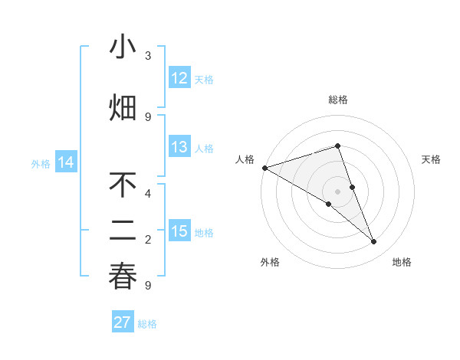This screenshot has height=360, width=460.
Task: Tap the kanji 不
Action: pyautogui.click(x=123, y=185)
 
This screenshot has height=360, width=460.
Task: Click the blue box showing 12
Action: pyautogui.click(x=179, y=78)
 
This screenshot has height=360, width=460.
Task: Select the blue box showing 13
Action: pyautogui.click(x=179, y=147)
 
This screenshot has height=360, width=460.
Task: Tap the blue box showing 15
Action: pyautogui.click(x=179, y=231)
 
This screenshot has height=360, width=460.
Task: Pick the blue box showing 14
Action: pyautogui.click(x=65, y=162)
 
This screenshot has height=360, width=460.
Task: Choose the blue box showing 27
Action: pyautogui.click(x=123, y=322)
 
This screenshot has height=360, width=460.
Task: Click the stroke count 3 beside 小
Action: pyautogui.click(x=148, y=56)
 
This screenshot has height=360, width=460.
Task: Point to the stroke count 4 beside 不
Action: pyautogui.click(x=148, y=193)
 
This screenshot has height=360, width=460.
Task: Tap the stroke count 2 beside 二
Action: pyautogui.click(x=148, y=240)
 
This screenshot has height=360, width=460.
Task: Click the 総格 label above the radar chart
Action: pyautogui.click(x=337, y=100)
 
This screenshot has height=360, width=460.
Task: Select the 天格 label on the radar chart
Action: pyautogui.click(x=432, y=159)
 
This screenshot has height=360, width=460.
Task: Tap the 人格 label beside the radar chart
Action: pyautogui.click(x=245, y=159)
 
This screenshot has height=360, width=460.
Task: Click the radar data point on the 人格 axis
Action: pyautogui.click(x=264, y=167)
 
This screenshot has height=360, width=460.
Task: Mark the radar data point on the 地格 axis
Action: pyautogui.click(x=374, y=242)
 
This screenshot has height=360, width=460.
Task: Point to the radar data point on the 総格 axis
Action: pyautogui.click(x=337, y=146)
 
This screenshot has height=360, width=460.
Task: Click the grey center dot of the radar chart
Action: pyautogui.click(x=337, y=191)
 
